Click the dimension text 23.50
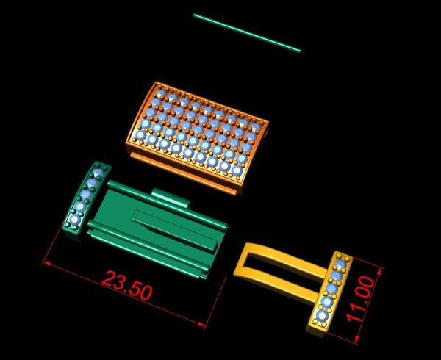[127, 285]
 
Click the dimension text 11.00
[361, 299]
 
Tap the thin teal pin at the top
[247, 33]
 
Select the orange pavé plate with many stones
[198, 133]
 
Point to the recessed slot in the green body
[175, 229]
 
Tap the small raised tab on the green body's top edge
[171, 198]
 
